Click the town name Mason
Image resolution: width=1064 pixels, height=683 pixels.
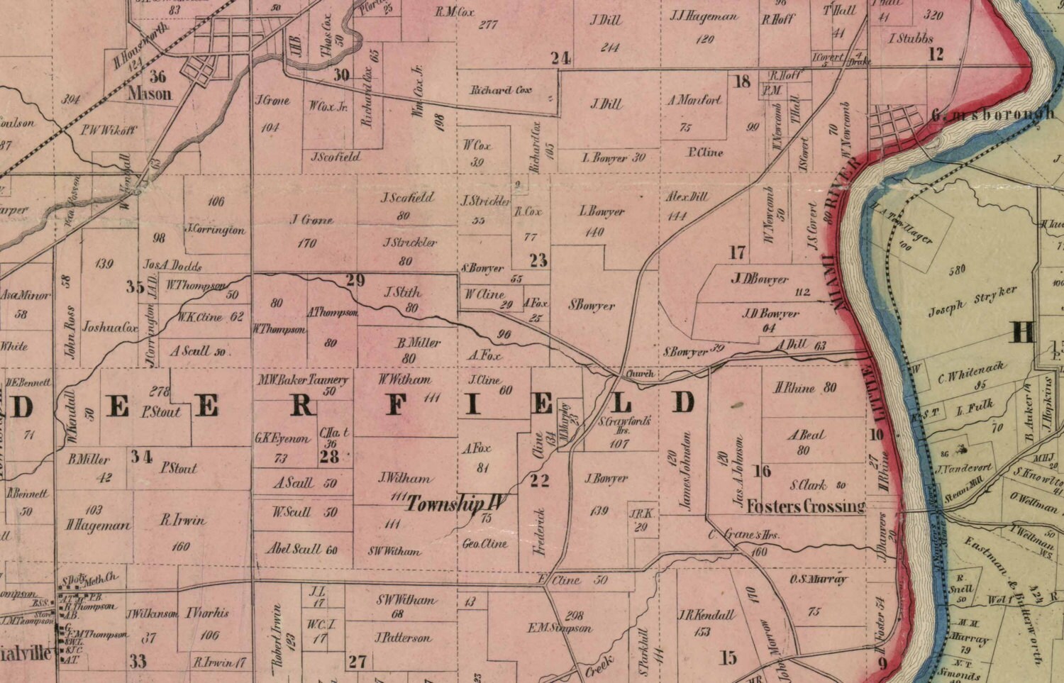(x=150, y=93)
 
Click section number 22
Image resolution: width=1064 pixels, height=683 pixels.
(x=540, y=481)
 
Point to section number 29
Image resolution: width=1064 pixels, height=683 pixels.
(x=355, y=280)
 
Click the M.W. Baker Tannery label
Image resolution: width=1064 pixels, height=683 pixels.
(x=303, y=380)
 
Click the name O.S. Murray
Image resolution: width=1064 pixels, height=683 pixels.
(x=818, y=579)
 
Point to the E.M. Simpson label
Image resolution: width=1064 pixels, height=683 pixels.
(x=560, y=628)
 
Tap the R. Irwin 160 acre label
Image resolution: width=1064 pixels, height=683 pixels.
(x=182, y=521)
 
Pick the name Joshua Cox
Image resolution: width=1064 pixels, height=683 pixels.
(x=110, y=328)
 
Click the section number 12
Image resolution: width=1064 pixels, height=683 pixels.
(x=936, y=54)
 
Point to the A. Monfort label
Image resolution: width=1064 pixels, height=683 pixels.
(x=694, y=100)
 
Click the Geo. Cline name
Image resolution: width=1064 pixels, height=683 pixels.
(x=484, y=543)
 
